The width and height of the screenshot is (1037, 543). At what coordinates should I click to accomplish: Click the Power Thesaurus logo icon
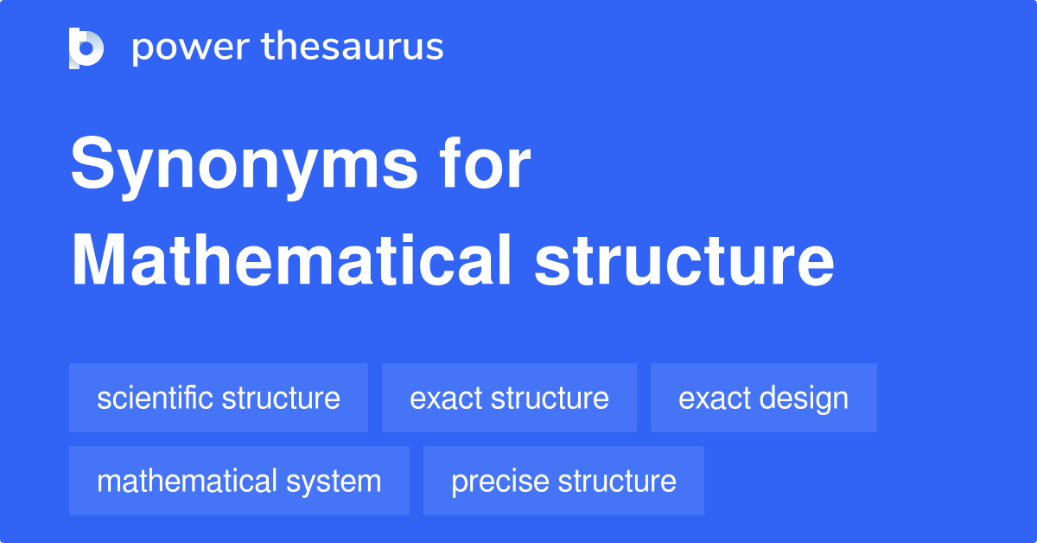[86, 48]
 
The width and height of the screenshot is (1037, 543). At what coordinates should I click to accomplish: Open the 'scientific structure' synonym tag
[219, 398]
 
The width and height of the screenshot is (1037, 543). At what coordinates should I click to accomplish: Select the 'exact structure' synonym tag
[509, 398]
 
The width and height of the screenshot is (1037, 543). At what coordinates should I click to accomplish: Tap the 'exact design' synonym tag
[763, 398]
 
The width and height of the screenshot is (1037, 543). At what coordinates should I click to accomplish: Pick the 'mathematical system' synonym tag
[239, 481]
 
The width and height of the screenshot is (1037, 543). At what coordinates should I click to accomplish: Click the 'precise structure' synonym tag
[563, 481]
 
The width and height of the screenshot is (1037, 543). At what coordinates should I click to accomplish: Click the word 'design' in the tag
[806, 398]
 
